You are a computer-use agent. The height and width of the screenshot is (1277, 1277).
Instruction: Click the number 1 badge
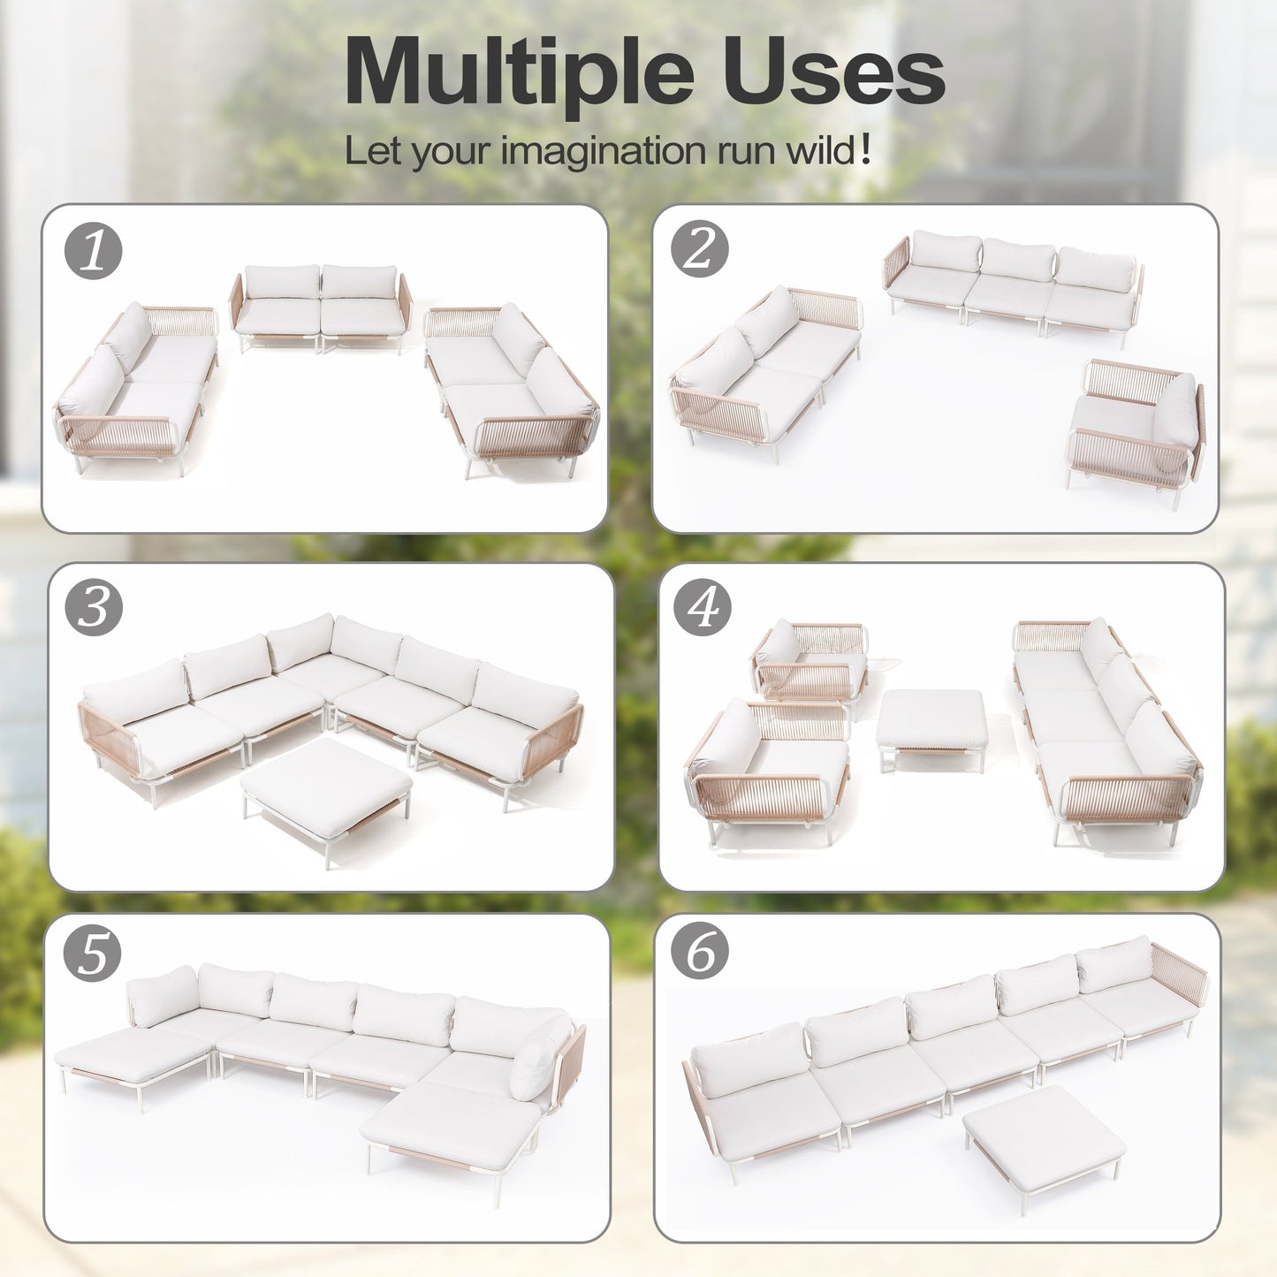pyautogui.click(x=93, y=250)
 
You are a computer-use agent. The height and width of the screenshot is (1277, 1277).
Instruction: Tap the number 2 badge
pyautogui.click(x=699, y=250)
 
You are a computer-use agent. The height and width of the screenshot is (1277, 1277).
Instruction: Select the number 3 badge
pyautogui.click(x=94, y=607)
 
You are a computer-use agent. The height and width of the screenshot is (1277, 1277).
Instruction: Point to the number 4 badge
pyautogui.click(x=703, y=607)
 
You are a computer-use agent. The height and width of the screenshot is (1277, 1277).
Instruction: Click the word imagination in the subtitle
pyautogui.click(x=604, y=151)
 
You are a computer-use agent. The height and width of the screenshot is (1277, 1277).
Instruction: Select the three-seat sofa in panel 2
pyautogui.click(x=1014, y=285)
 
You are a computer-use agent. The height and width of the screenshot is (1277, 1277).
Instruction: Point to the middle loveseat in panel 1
pyautogui.click(x=321, y=308)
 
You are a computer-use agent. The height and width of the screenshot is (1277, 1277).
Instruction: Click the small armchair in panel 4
pyautogui.click(x=810, y=663)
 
